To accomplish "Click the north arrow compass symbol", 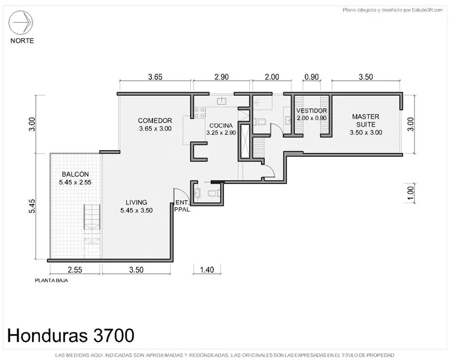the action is point(21,22).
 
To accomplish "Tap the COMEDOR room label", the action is point(155,120).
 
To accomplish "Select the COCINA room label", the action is point(221,125).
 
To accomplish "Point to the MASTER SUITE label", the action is point(366,120).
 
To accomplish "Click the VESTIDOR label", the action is point(312,111).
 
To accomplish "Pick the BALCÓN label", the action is point(75,174).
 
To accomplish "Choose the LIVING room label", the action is point(136,202).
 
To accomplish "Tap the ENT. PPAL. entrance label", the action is point(182,206).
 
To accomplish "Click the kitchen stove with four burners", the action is point(200,112).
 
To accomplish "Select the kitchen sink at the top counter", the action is point(222,101).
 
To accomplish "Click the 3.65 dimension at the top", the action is point(155,77).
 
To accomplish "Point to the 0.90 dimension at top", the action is point(312,77).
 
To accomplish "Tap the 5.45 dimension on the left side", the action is point(32,206).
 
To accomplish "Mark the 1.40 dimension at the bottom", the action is point(207,270).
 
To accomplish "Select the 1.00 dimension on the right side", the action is point(411,193).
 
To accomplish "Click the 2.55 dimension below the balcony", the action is point(75,270).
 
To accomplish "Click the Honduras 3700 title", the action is point(71,335).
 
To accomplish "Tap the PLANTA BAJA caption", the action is point(51,281).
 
